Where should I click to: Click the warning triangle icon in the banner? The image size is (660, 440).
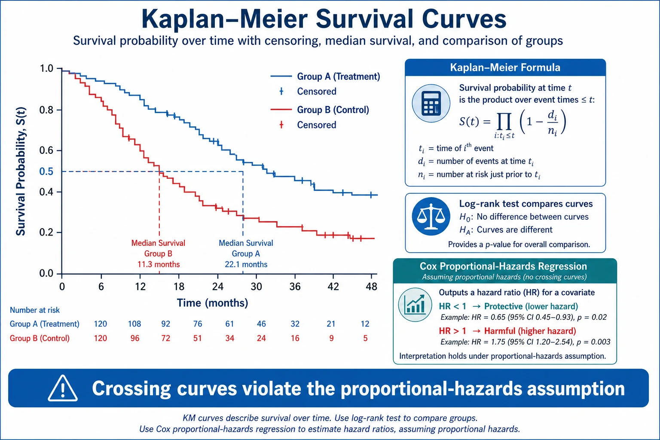pos(63,388)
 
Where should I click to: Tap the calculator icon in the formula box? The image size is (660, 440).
pos(431,104)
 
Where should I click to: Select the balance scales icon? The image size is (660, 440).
pos(431,216)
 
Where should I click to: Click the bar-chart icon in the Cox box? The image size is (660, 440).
pos(415,305)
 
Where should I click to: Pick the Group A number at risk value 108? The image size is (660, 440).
pos(134,324)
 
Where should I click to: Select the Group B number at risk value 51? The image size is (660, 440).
pos(197,338)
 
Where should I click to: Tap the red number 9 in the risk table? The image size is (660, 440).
pos(331,338)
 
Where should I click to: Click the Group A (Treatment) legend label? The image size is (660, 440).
pos(339,76)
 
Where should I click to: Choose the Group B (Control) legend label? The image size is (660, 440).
pos(333,110)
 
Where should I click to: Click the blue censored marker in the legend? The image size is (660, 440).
pos(281,92)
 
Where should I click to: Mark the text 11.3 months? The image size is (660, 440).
pos(159,264)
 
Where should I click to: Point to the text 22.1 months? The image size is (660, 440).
pos(246,264)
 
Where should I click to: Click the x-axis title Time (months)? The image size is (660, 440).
pos(212,303)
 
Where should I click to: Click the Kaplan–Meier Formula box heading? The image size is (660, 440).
pos(505,67)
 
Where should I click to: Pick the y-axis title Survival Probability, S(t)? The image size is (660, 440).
pos(21,171)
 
